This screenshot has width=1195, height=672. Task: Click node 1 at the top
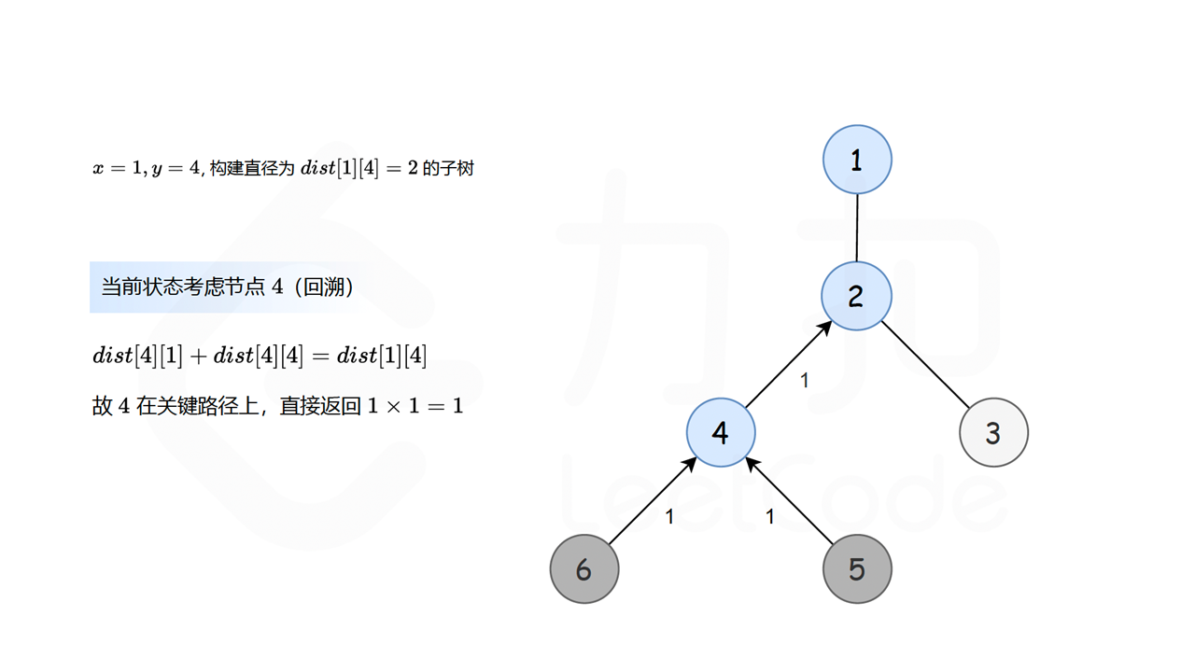point(857,160)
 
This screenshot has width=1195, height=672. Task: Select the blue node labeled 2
point(856,296)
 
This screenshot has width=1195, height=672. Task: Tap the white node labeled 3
point(993,432)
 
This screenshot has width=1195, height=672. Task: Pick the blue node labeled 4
point(721,432)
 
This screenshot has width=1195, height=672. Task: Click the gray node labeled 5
point(857,568)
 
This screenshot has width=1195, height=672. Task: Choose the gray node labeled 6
point(584,568)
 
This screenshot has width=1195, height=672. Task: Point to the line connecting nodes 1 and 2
point(857,228)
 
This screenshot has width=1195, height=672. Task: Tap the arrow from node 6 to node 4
point(652,501)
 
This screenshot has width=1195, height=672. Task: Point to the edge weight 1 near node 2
point(805,381)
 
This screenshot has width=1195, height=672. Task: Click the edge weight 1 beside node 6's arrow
point(669,516)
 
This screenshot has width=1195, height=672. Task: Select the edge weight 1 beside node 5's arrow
point(770,516)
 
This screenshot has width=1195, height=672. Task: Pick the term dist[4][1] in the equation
point(137,356)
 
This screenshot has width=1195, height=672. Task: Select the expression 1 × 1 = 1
point(415,406)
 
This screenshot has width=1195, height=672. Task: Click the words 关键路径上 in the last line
point(204,406)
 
